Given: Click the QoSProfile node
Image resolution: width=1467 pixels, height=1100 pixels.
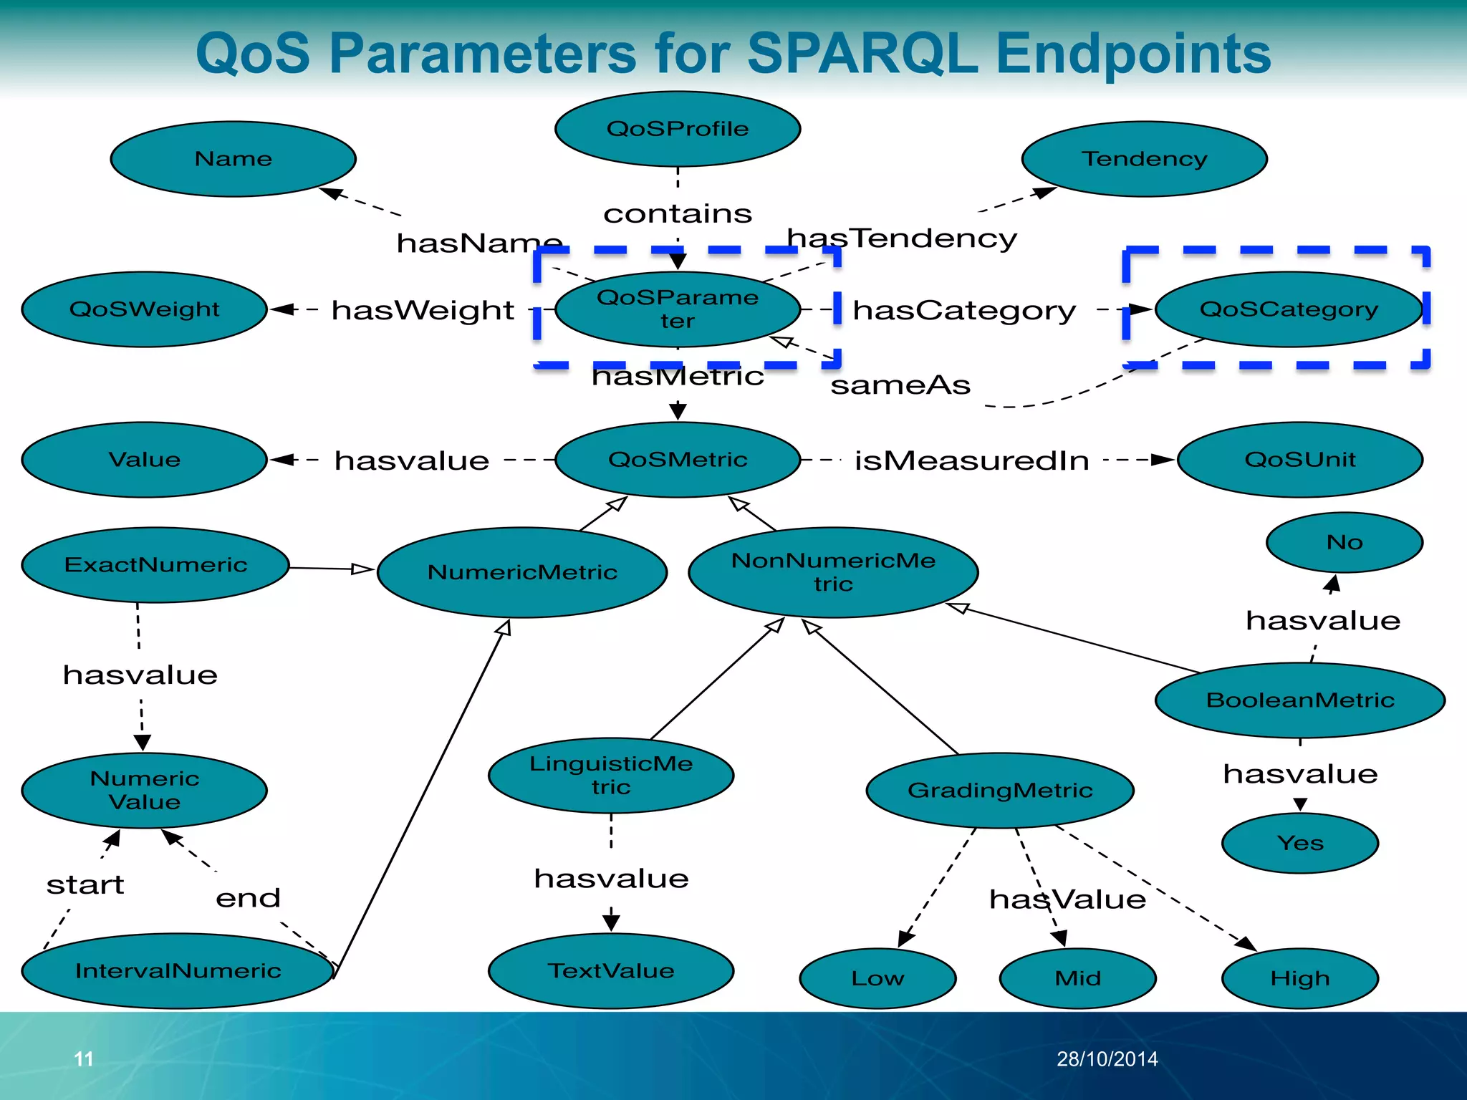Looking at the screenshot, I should click(x=678, y=129).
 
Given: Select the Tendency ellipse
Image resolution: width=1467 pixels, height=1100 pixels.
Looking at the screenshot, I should click(x=1144, y=159).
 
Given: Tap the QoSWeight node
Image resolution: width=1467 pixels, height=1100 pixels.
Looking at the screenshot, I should click(x=144, y=309).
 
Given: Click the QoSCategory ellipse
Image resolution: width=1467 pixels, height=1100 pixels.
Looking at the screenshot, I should click(x=1288, y=309).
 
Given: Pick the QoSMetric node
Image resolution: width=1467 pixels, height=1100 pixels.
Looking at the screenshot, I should click(x=678, y=460).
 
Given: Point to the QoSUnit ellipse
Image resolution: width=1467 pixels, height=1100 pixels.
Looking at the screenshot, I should click(x=1299, y=460).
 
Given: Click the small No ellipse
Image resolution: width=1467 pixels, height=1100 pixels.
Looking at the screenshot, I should click(x=1344, y=542).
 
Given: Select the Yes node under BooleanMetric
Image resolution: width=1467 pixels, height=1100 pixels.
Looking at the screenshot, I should click(x=1299, y=843).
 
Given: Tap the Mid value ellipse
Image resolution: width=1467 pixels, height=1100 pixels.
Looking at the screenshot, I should click(x=1077, y=978).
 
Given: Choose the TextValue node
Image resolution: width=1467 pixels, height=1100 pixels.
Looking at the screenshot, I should click(x=611, y=971).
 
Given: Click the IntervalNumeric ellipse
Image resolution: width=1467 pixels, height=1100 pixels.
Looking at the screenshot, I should click(x=178, y=971).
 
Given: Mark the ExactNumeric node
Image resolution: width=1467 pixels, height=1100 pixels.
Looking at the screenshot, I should click(x=155, y=565).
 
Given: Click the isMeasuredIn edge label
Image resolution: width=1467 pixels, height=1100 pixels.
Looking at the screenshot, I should click(x=971, y=460).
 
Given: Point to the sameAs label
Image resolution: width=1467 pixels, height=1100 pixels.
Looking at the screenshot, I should click(x=900, y=386).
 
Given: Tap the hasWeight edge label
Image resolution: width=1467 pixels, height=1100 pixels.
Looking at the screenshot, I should click(x=423, y=310).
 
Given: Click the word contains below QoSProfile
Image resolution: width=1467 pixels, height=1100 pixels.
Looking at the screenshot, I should click(x=678, y=213).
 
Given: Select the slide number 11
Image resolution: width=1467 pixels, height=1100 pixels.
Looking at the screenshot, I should click(x=84, y=1059).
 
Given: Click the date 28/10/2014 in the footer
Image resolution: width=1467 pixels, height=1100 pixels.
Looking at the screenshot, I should click(x=1107, y=1059).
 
